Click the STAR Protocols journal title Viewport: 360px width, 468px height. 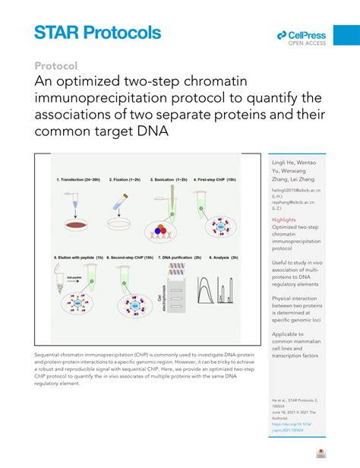[97, 33]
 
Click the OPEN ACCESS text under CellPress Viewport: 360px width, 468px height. [308, 44]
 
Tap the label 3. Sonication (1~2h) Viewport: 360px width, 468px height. [172, 179]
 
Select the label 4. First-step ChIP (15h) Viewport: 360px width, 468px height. [220, 179]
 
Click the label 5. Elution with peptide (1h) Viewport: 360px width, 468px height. [79, 258]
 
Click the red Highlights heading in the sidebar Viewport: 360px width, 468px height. [284, 220]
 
